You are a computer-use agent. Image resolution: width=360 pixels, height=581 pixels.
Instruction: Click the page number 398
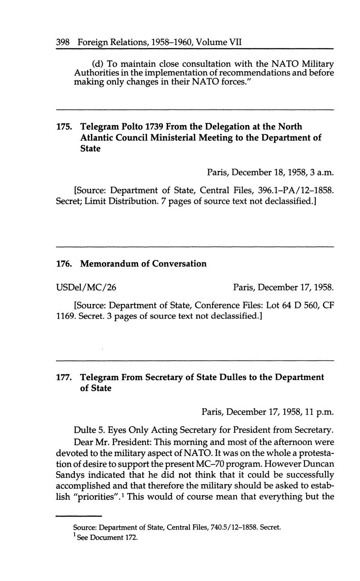click(x=63, y=42)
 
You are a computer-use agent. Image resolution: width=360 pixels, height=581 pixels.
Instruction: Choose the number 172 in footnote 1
click(x=131, y=538)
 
